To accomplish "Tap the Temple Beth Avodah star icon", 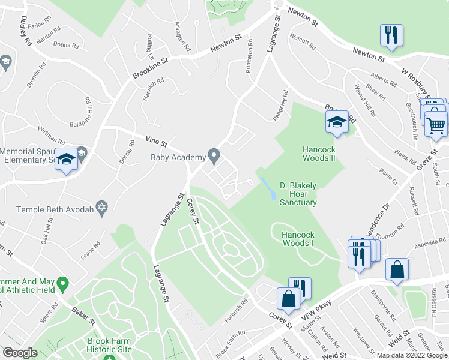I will coord(102,209).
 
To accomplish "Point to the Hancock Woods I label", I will coord(299,239).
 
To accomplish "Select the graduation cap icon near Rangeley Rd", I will coord(337,123).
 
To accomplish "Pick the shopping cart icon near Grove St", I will coord(436,125).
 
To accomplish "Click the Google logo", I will coord(20,352).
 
